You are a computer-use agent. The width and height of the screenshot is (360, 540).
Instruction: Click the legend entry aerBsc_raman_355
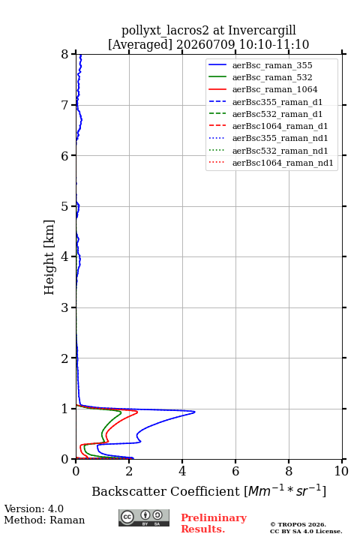point(272,65)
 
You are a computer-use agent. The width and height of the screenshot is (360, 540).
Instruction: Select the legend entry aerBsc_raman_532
point(272,77)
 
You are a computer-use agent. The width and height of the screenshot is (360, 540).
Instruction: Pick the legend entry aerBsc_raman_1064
point(275,89)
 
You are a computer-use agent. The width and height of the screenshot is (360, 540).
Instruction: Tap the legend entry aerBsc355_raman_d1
point(277,102)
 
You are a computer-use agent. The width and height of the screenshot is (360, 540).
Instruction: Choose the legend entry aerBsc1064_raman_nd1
point(283,163)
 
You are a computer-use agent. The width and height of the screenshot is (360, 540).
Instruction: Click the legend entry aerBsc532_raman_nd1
point(280,151)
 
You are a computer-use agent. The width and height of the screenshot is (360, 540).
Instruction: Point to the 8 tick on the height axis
point(73,54)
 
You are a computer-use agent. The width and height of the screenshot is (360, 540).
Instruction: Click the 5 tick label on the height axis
point(64,207)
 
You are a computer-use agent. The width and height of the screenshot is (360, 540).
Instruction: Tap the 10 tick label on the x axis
point(341,471)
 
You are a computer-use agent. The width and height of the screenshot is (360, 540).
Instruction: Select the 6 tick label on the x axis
point(235,471)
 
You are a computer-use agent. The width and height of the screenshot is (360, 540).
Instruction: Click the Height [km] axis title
point(49,257)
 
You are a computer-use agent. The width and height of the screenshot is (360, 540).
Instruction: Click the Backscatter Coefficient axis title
point(208,491)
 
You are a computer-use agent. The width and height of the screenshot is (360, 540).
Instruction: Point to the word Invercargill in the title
point(262,31)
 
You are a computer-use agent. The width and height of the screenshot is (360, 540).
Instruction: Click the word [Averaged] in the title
point(140,45)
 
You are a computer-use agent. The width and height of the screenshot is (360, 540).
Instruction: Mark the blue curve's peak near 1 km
point(195,412)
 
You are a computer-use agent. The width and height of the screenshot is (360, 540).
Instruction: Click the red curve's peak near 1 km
point(137,412)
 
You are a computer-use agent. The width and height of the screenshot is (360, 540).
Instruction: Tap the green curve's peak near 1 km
point(121,412)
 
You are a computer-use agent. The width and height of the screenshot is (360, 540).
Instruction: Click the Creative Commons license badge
point(144,517)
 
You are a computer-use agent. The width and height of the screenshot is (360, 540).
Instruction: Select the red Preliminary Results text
point(214,523)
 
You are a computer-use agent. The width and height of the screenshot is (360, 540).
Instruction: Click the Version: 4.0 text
point(34,508)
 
